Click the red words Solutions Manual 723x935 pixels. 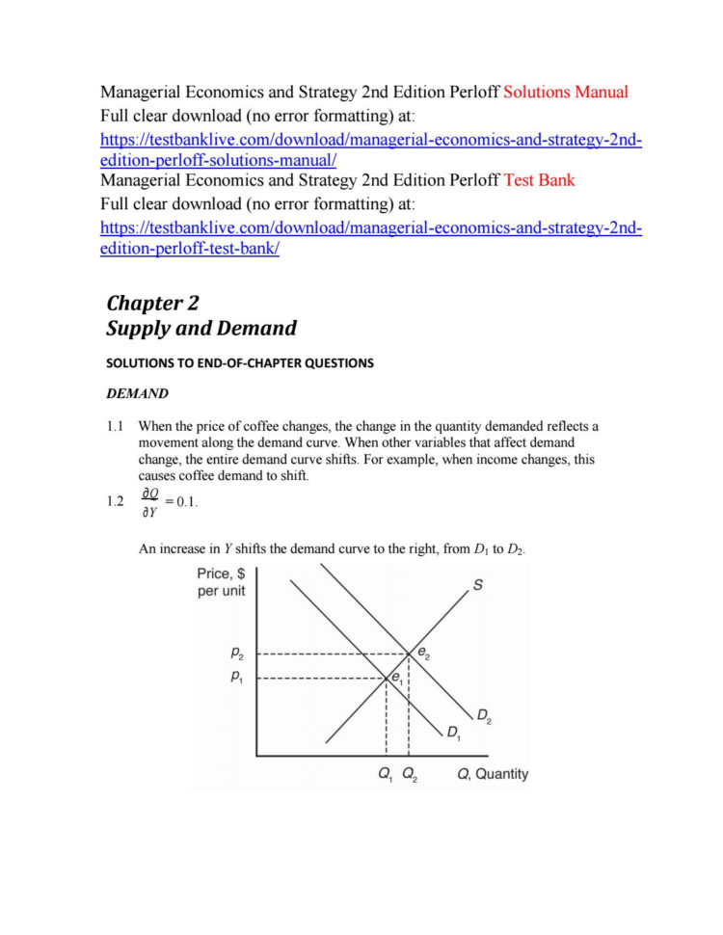(561, 93)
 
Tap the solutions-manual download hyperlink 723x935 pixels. (371, 149)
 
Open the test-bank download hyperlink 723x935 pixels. (371, 237)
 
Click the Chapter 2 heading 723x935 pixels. (152, 302)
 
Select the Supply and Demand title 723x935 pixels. (201, 328)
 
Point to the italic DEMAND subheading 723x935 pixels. (136, 393)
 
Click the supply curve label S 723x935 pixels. (477, 585)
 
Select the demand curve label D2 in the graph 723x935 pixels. (485, 715)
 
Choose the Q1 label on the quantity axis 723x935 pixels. (386, 774)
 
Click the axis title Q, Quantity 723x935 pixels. (492, 774)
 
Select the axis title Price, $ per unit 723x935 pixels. (222, 581)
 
